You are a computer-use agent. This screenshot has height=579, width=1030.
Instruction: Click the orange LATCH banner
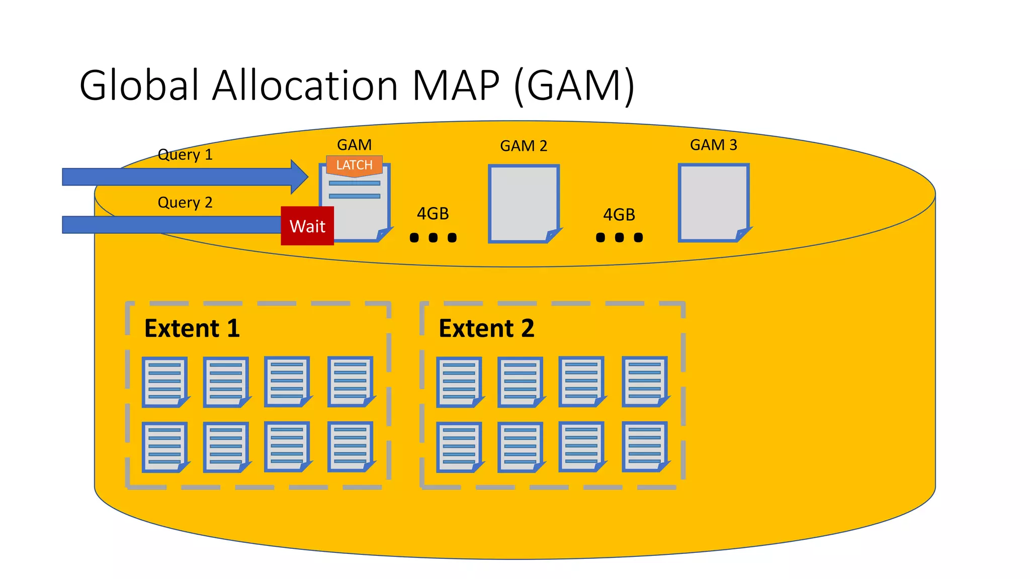[354, 165]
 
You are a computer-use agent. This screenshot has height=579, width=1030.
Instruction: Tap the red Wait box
[307, 226]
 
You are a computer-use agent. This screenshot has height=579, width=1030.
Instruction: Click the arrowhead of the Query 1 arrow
[300, 177]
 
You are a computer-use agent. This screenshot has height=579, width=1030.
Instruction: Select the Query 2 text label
[185, 203]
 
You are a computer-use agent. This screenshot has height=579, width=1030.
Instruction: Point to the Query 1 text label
[185, 155]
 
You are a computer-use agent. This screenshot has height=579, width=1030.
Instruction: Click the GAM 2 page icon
[524, 204]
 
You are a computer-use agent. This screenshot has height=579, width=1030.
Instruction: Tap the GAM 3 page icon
[713, 203]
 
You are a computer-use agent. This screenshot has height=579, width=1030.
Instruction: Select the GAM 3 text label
[713, 145]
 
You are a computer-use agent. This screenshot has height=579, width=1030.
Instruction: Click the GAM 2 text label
[523, 146]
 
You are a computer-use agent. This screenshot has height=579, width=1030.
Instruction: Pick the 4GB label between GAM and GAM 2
[433, 214]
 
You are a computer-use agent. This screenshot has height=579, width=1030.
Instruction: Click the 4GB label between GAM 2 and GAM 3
[619, 215]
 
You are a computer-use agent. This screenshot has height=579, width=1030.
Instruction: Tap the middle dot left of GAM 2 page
[433, 238]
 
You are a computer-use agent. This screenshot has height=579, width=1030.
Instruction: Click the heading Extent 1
[192, 329]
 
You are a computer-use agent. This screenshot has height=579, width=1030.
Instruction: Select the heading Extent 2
[486, 329]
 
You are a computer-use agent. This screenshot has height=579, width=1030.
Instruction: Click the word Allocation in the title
[305, 85]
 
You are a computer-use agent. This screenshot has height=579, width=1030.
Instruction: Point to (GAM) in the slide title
[574, 85]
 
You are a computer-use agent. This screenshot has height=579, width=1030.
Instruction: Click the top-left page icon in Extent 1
[165, 381]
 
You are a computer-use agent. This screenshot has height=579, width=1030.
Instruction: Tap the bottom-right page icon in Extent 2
[645, 446]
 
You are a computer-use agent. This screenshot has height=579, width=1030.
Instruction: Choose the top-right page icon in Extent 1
[351, 381]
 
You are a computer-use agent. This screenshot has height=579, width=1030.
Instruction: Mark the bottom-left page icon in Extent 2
[459, 447]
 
